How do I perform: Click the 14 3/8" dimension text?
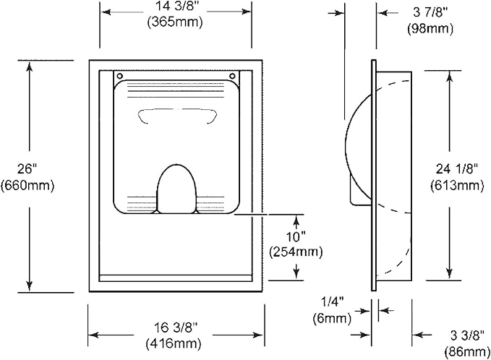pos(175,7)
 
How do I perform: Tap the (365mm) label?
pos(175,22)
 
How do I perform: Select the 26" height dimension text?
pos(27,169)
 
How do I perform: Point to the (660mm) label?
pos(27,185)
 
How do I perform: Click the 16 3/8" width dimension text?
pos(176,327)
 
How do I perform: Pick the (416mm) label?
pos(173,343)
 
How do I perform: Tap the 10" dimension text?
pos(296,236)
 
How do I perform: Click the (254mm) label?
pos(296,252)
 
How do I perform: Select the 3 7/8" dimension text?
pos(430,12)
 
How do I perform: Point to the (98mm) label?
pos(430,28)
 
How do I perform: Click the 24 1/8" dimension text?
pos(457,169)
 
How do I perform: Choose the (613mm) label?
pos(457,185)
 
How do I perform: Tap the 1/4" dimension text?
pos(333,302)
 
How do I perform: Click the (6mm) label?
pos(332,318)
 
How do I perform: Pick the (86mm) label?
pos(467,352)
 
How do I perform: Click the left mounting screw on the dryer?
pos(119,76)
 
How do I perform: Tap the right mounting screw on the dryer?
pos(232,76)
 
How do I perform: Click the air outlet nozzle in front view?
pos(176,189)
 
